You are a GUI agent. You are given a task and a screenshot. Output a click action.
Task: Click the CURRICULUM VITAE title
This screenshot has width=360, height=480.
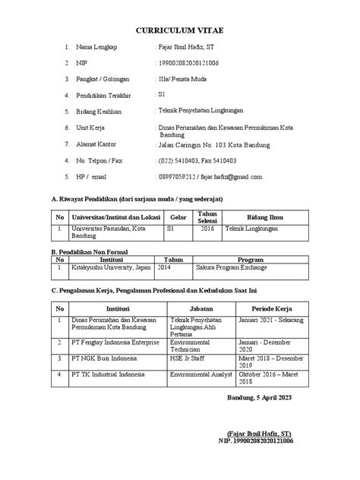click(179, 29)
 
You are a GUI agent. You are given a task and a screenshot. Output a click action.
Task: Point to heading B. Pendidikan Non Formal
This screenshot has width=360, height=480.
click(88, 251)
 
